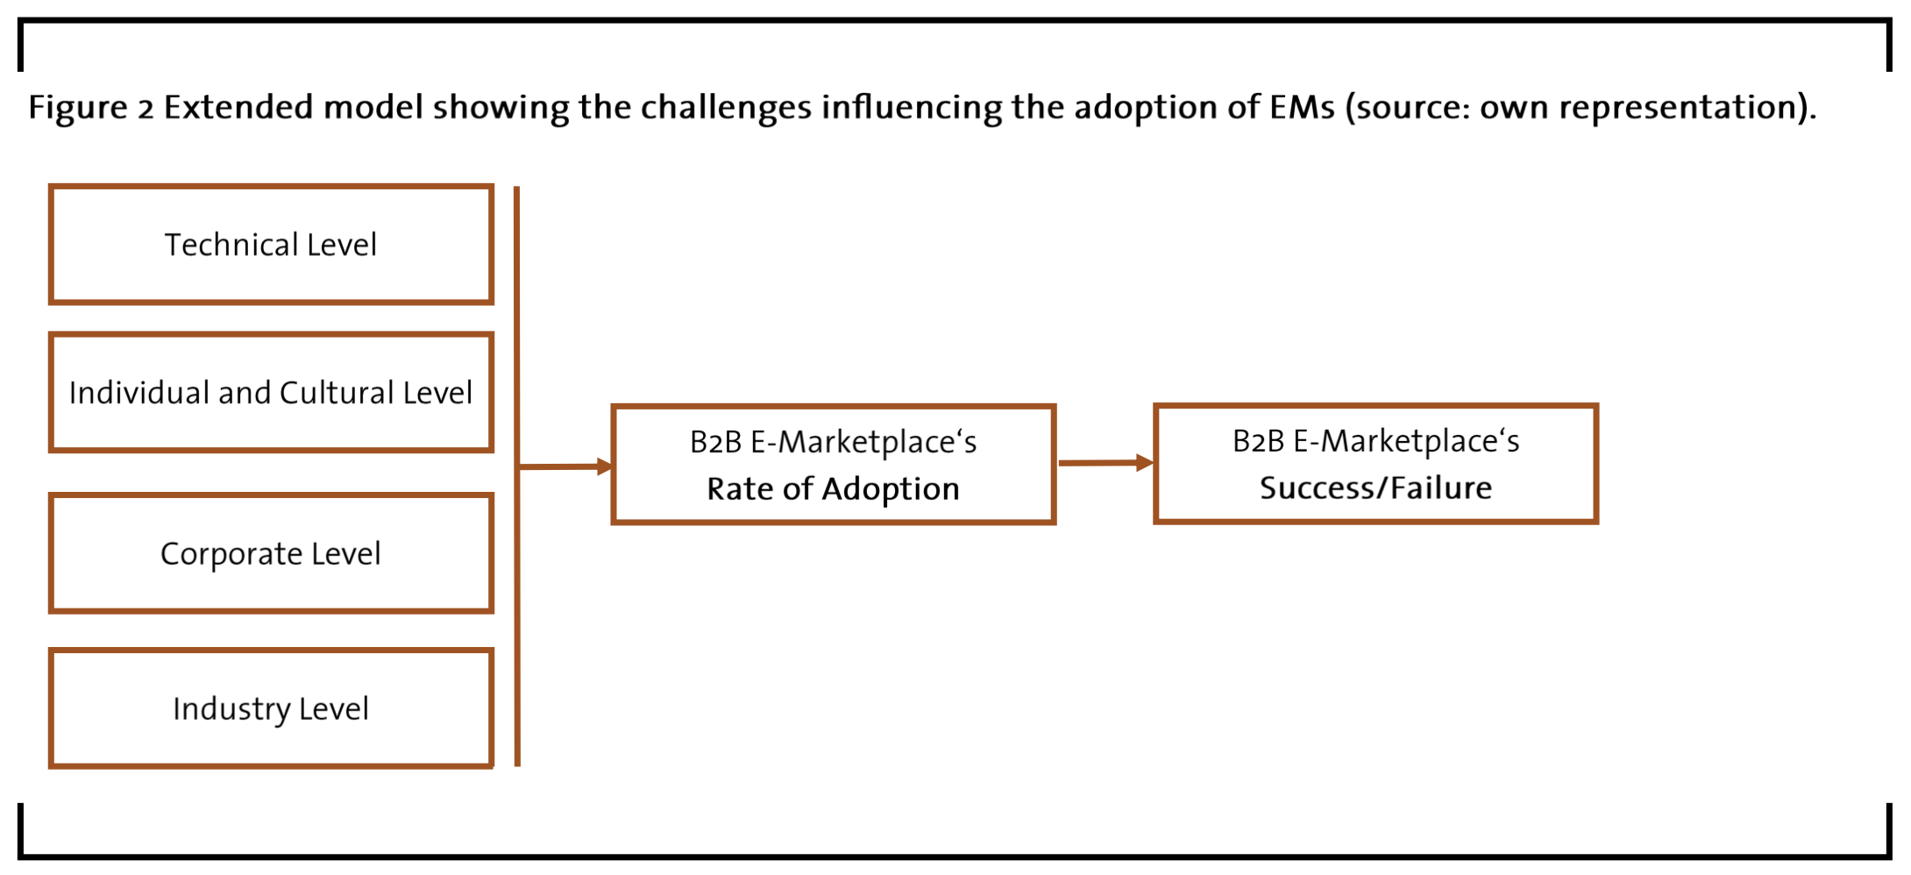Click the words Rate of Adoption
point(833,489)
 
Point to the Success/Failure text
point(1375,487)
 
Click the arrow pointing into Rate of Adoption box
point(565,466)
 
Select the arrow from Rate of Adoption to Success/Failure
point(1106,462)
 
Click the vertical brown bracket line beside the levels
point(517,476)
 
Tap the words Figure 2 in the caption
point(91,108)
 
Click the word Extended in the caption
point(238,107)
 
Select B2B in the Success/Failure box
point(1259,441)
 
